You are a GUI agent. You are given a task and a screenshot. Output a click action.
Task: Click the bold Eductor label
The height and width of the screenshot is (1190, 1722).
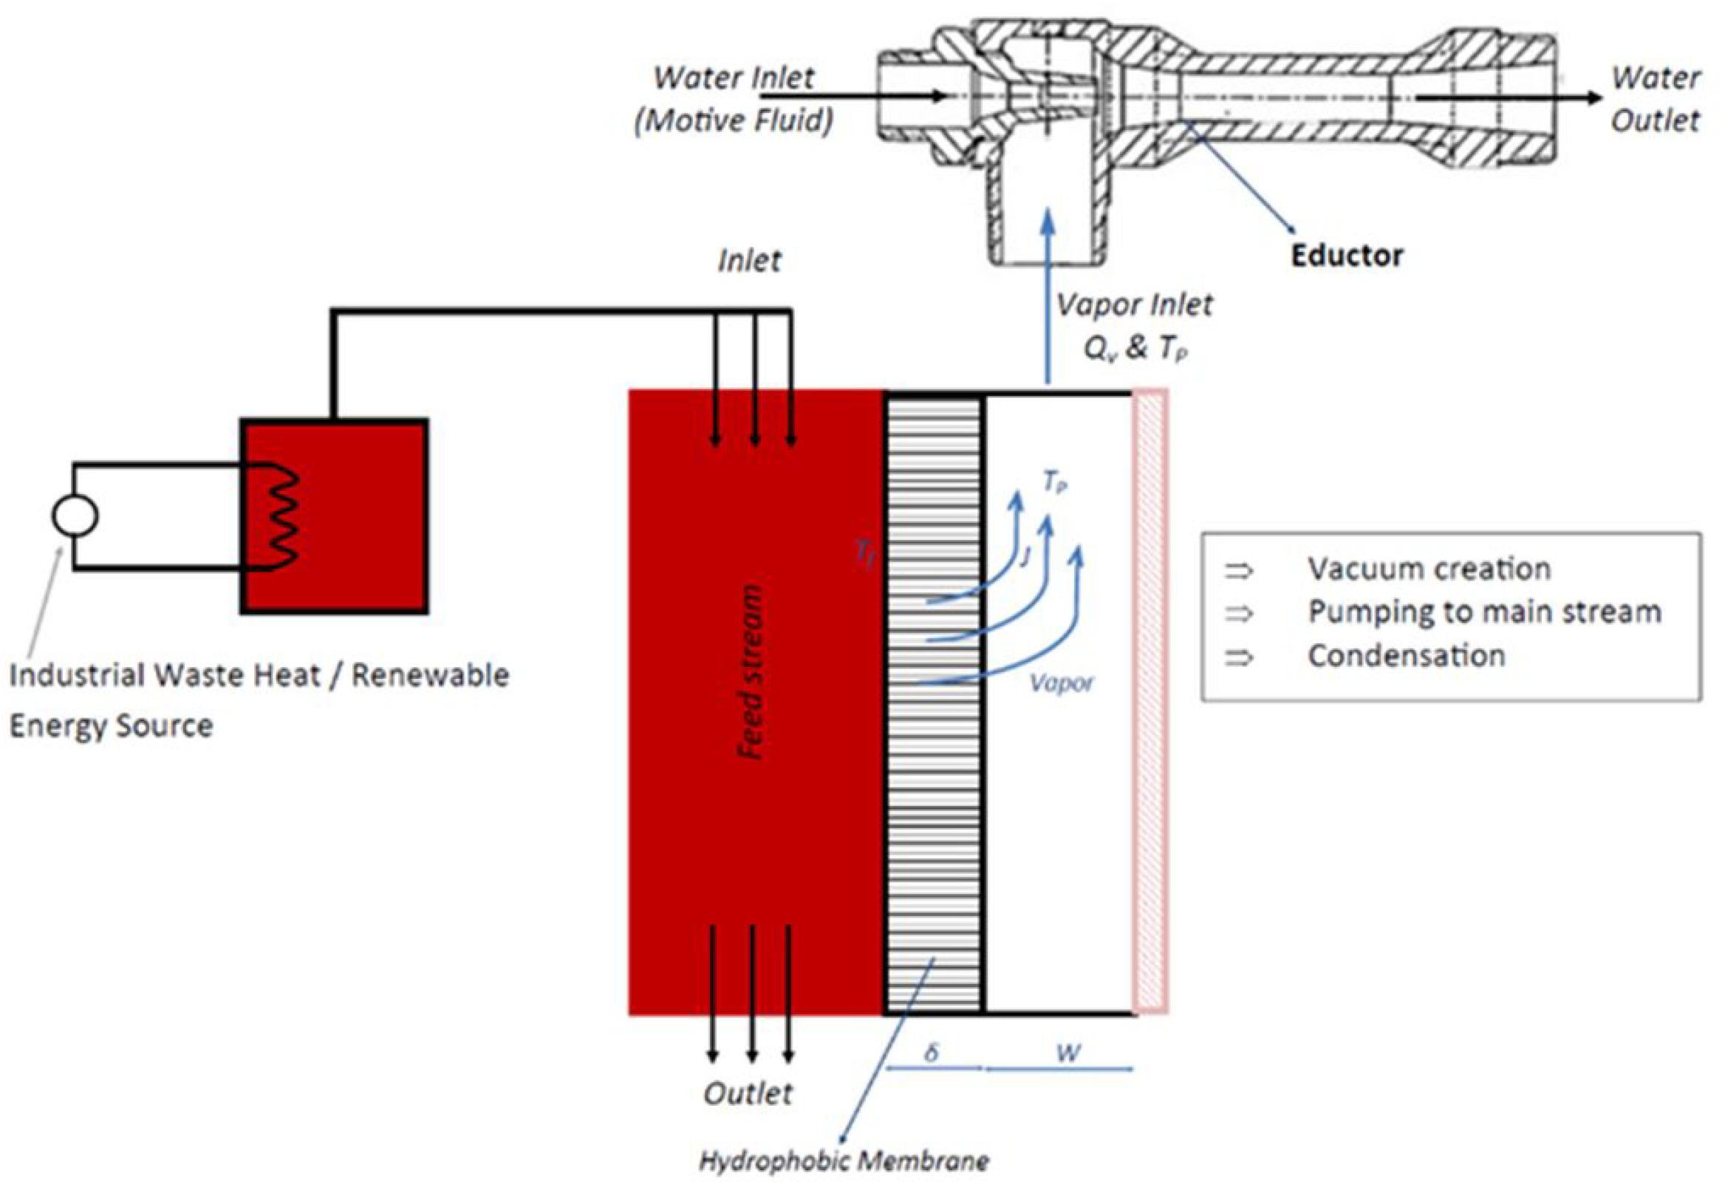coord(1345,256)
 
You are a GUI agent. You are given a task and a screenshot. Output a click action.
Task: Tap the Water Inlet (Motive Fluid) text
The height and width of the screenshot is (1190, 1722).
coord(734,98)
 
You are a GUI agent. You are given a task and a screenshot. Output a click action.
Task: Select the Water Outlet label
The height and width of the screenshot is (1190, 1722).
coord(1655,98)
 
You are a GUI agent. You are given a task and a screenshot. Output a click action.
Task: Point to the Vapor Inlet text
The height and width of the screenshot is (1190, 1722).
coord(1134,305)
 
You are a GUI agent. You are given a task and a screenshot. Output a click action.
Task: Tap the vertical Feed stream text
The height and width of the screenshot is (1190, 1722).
coord(751,671)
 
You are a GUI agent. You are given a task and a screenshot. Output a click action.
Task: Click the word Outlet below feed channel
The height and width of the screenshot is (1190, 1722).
coord(748,1094)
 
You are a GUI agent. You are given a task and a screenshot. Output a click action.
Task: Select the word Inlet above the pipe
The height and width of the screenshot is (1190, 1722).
coord(749,261)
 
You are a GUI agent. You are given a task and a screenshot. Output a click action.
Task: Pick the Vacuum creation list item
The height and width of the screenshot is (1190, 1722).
coord(1428,570)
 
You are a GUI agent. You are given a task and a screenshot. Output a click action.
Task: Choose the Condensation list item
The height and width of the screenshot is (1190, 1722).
coord(1405,656)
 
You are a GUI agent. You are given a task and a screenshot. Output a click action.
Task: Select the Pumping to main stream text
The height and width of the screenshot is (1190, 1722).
coord(1483,612)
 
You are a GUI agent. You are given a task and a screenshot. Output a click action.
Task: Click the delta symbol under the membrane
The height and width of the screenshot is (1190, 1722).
coord(931,1053)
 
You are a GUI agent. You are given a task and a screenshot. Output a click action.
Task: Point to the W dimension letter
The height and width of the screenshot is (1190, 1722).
coord(1067,1053)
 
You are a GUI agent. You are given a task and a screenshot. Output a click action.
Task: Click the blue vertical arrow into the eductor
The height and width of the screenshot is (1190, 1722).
coord(1048,298)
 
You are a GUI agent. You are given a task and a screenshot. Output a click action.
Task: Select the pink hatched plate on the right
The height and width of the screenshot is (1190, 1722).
coord(1150,701)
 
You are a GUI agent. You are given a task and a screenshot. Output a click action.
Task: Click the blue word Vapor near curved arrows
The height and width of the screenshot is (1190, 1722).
coord(1061,683)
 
